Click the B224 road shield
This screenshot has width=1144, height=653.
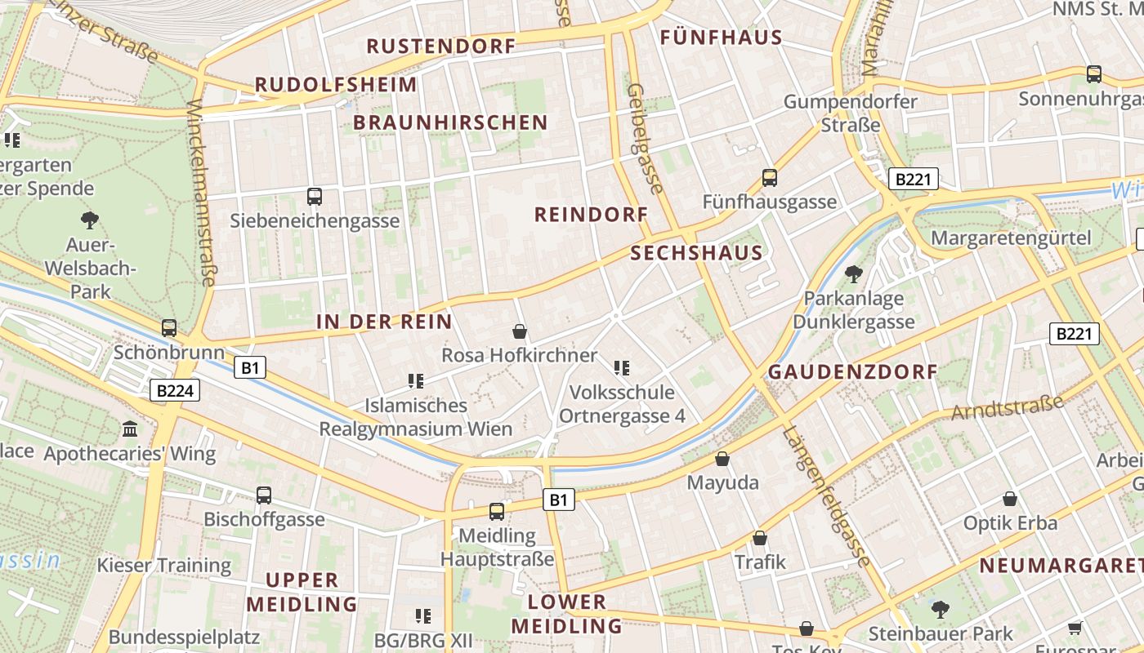(x=175, y=391)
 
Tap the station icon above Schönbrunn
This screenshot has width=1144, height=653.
(x=169, y=328)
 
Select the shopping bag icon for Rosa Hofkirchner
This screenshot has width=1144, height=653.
(x=519, y=331)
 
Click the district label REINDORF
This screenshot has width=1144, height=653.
(x=591, y=215)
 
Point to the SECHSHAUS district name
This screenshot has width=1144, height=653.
(x=696, y=253)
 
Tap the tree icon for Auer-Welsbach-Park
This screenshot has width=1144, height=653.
(x=90, y=219)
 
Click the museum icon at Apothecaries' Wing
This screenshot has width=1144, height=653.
(x=130, y=429)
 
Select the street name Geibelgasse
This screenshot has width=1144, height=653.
(x=645, y=138)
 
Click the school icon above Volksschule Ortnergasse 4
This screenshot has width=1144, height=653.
(x=622, y=368)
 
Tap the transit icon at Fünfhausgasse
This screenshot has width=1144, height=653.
(x=769, y=177)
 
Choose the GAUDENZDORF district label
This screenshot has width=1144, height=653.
(x=852, y=372)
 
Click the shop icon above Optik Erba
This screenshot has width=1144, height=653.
(x=1010, y=499)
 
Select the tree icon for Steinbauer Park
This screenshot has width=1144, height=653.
(x=940, y=608)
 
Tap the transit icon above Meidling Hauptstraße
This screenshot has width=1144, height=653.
(x=497, y=512)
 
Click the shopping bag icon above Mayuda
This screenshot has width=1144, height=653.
(x=722, y=459)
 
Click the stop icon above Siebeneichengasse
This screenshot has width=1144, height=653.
(x=315, y=196)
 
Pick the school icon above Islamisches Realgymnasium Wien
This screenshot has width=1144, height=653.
(x=416, y=381)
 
